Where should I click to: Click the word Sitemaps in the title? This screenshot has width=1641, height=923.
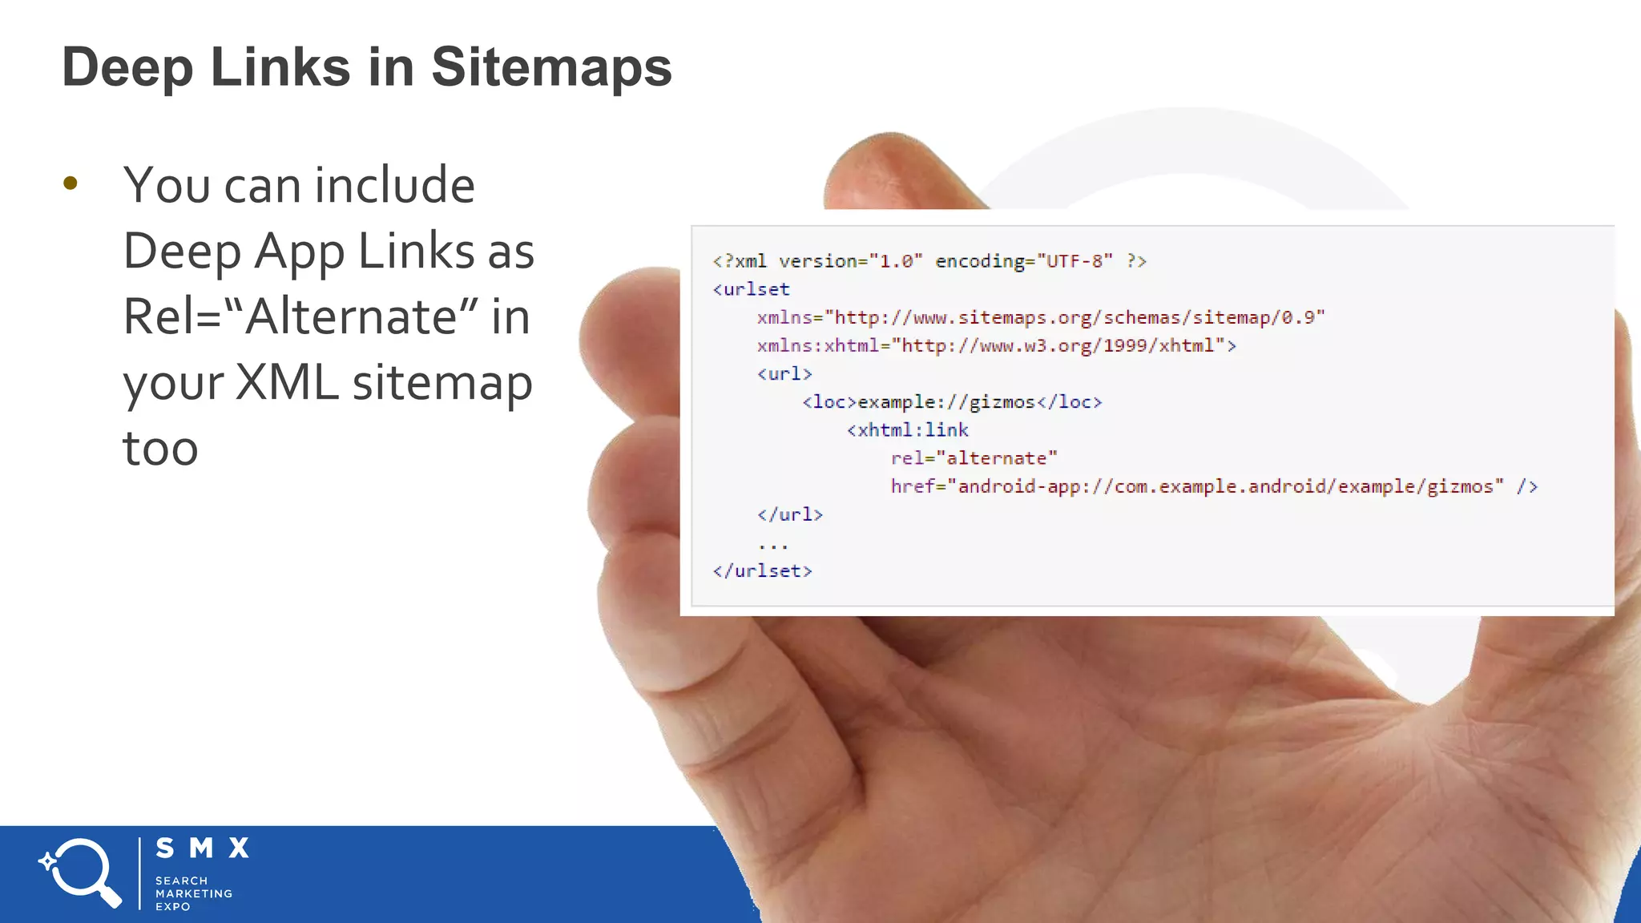pyautogui.click(x=551, y=67)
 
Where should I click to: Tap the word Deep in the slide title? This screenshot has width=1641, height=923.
pyautogui.click(x=127, y=67)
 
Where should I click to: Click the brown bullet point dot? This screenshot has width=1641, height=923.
pyautogui.click(x=71, y=183)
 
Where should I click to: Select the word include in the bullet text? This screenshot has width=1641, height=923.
pyautogui.click(x=395, y=185)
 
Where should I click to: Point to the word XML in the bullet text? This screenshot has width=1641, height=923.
pyautogui.click(x=287, y=382)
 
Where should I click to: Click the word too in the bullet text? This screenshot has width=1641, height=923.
pyautogui.click(x=160, y=448)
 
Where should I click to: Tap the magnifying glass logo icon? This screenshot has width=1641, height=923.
pyautogui.click(x=81, y=873)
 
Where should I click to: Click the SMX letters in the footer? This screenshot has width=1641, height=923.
pyautogui.click(x=203, y=848)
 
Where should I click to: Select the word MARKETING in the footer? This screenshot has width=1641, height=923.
pyautogui.click(x=194, y=893)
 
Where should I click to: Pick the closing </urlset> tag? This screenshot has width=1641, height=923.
pyautogui.click(x=763, y=570)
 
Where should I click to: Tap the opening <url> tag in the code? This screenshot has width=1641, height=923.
pyautogui.click(x=785, y=373)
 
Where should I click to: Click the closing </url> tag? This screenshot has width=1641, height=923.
pyautogui.click(x=790, y=514)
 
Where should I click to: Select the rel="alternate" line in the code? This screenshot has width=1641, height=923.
pyautogui.click(x=974, y=458)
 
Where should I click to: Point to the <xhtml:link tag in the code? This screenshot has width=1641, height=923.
pyautogui.click(x=908, y=430)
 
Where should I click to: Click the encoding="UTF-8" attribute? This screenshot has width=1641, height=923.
pyautogui.click(x=1024, y=261)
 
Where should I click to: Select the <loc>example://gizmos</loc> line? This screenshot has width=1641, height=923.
pyautogui.click(x=952, y=402)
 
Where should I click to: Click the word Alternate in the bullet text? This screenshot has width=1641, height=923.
pyautogui.click(x=353, y=316)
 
